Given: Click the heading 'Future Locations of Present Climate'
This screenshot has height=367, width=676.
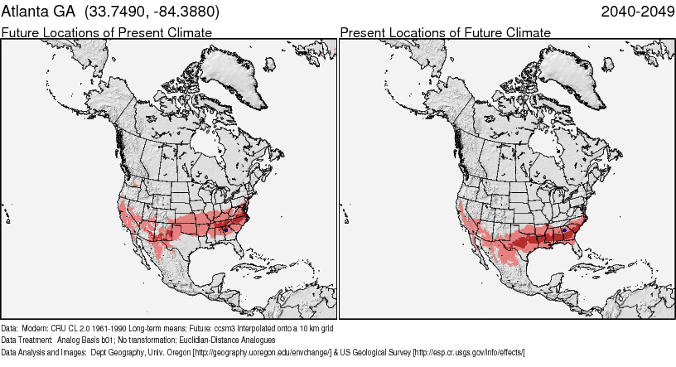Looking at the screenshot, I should [x=106, y=32].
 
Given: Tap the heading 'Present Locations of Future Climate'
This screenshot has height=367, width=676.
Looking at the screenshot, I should [x=445, y=32].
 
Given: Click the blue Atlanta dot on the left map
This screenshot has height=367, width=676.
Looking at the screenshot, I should [x=225, y=229].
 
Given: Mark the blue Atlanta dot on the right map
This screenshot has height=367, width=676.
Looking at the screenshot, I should [x=564, y=229].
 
